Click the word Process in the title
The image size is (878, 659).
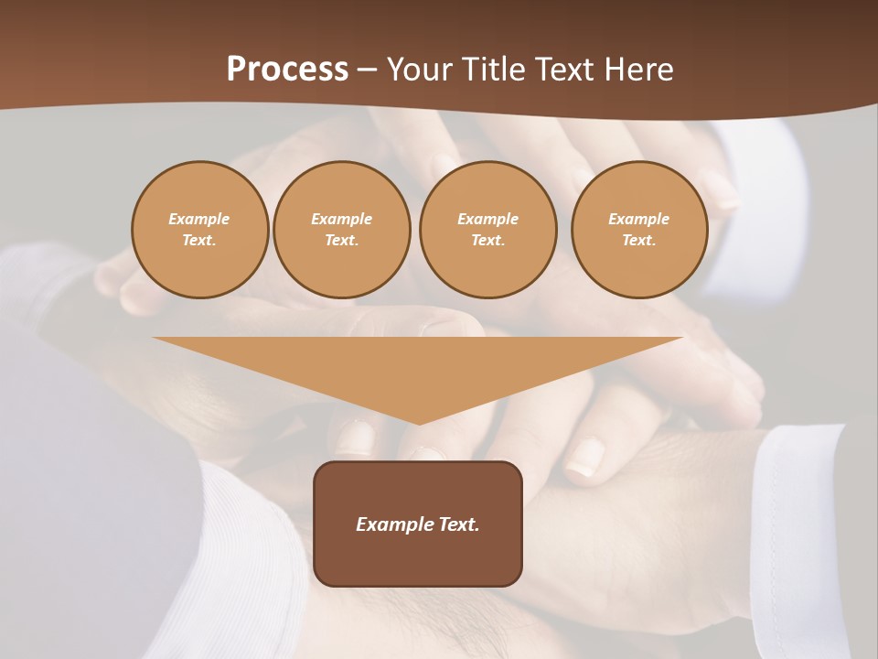pos(287,70)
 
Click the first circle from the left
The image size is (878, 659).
pos(200,230)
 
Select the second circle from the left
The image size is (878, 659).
pos(342,230)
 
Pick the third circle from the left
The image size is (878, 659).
pos(488,230)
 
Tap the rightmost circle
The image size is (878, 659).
pos(639,230)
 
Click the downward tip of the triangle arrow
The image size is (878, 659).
pos(419,423)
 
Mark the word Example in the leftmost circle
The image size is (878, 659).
pos(199,219)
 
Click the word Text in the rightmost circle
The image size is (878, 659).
pos(638,241)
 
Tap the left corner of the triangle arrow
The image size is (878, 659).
pos(155,339)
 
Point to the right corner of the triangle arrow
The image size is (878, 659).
pos(680,339)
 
